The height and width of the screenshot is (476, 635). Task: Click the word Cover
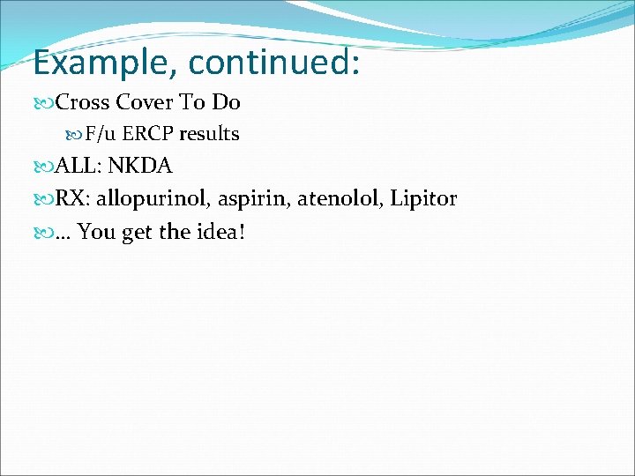coord(146,103)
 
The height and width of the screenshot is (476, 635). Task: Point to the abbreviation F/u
coord(101,135)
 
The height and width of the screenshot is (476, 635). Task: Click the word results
coord(210,135)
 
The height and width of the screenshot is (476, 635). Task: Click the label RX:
coord(73,199)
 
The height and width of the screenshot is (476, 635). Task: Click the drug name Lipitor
coord(422,199)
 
